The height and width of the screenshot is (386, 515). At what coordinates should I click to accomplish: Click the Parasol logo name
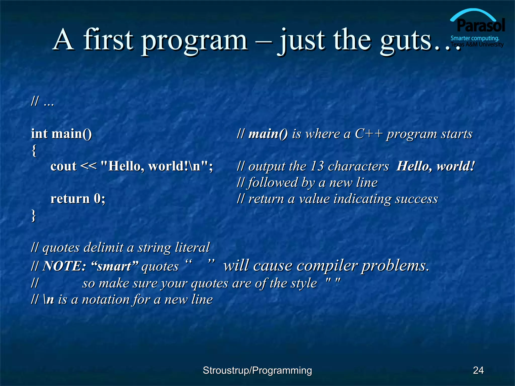[481, 25]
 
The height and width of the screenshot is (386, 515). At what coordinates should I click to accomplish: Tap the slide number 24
[478, 370]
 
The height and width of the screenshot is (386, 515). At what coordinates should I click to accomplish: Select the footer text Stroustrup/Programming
[257, 370]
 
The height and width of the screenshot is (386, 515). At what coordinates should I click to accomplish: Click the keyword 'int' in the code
[39, 133]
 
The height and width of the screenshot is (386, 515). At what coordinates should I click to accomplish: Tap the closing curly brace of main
[33, 216]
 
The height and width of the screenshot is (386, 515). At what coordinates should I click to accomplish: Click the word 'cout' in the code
[63, 166]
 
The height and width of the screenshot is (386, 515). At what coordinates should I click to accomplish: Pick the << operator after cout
[88, 166]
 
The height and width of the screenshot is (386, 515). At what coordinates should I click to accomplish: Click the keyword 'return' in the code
[70, 199]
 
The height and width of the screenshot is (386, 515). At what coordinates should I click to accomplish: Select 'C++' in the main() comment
[369, 134]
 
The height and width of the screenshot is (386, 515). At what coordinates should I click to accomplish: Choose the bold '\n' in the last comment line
[49, 299]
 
